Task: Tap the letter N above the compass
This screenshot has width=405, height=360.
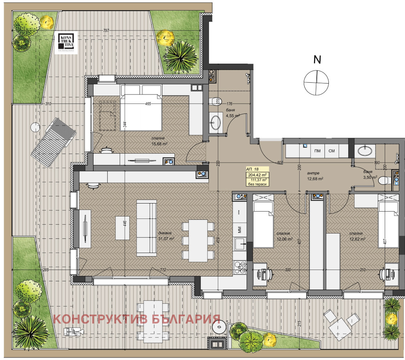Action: coord(318,60)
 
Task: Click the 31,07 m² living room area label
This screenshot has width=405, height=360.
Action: coord(166,239)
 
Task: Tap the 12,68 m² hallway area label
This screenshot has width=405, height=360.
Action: coord(314,179)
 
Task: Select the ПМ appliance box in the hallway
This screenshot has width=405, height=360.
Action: coord(318,151)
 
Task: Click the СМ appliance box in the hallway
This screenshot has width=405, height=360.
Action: coord(331,151)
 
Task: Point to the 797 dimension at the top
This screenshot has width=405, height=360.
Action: coord(107,31)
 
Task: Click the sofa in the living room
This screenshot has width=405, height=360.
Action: coord(146,228)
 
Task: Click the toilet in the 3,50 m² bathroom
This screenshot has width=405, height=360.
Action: coord(385,182)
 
